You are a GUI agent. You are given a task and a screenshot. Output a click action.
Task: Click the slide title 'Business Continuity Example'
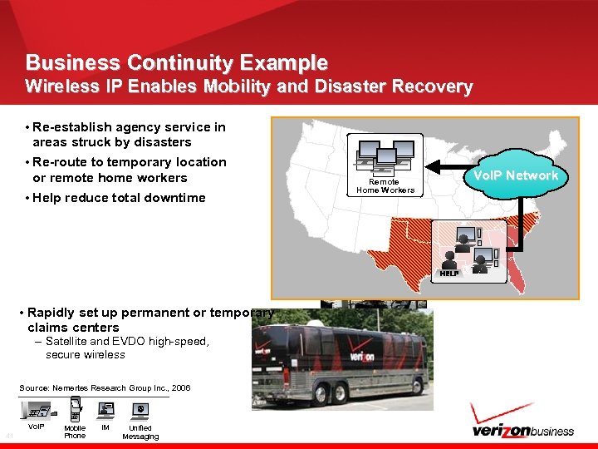176,62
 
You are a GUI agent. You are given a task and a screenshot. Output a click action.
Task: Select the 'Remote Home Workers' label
384,186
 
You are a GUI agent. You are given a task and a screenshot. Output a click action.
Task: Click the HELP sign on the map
449,274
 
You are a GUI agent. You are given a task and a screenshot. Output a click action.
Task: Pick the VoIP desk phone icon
37,408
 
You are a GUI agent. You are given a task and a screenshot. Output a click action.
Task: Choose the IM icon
105,408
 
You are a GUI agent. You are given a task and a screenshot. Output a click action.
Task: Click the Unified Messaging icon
140,409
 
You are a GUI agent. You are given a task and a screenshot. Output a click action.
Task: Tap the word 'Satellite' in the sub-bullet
66,342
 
